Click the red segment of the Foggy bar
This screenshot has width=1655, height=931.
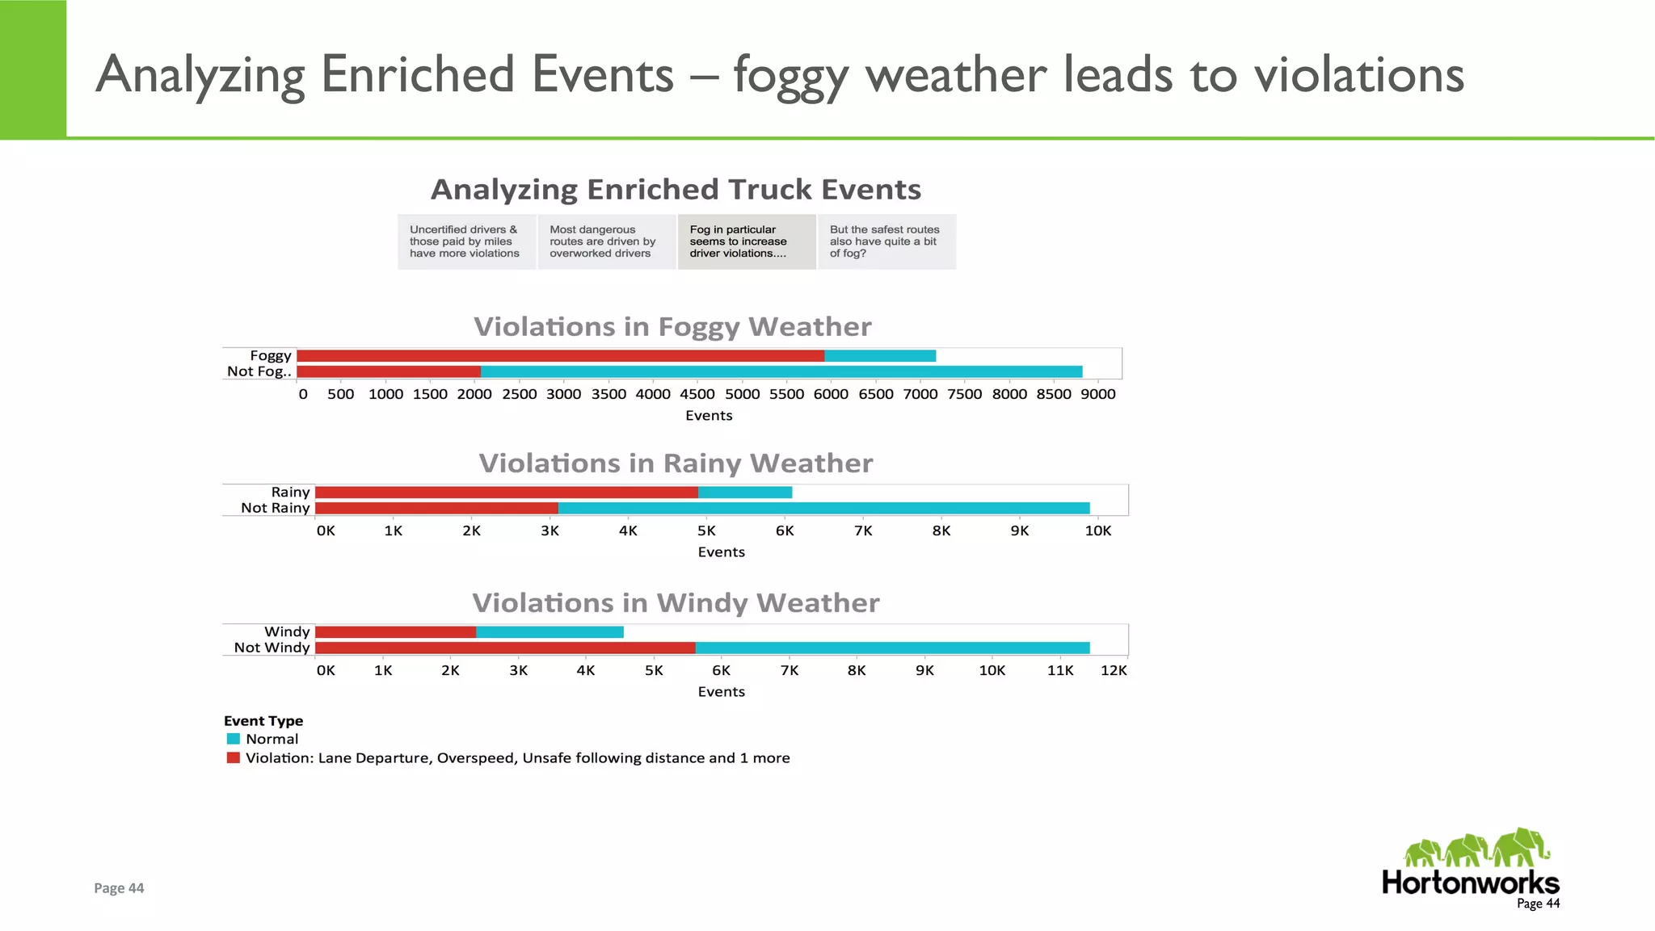560,356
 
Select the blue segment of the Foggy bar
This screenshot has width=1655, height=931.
880,356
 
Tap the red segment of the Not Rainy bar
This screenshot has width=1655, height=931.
436,508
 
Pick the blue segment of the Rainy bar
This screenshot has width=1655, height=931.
745,493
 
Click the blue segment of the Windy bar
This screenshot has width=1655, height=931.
550,632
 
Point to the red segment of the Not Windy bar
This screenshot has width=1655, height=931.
505,648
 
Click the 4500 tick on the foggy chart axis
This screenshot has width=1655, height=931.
697,394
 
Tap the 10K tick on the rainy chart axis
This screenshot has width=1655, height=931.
1098,531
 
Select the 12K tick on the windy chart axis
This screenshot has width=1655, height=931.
1114,670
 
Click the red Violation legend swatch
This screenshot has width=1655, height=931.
234,758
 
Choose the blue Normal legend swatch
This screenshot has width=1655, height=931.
234,739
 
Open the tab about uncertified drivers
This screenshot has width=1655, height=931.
466,241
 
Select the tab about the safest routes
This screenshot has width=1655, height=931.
886,241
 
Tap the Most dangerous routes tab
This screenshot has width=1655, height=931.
606,241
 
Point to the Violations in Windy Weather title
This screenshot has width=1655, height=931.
676,603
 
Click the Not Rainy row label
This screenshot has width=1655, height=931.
275,508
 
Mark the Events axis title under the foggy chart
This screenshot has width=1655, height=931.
709,416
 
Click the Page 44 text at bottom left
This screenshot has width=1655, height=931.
119,888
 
